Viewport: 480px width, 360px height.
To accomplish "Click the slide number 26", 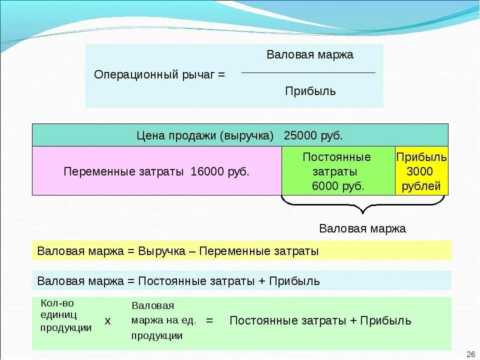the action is [x=470, y=354].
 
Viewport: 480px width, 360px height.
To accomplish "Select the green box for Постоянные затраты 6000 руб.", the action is [x=338, y=170].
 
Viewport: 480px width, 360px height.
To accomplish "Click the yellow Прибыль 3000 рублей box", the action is [x=421, y=170].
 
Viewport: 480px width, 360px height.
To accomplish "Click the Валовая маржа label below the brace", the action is [x=362, y=228].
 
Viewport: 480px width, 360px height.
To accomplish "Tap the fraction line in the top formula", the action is [x=308, y=73].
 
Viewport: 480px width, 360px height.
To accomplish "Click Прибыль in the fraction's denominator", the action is [x=310, y=91].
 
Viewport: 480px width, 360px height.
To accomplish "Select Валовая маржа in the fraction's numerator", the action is [x=310, y=55].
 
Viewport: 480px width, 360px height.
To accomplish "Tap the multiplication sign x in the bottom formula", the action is [x=107, y=321].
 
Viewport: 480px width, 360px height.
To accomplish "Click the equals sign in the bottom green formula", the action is [x=209, y=320].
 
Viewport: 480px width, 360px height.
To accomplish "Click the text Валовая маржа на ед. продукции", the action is [x=163, y=320].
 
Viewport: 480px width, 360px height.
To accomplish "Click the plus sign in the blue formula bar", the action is [x=262, y=281].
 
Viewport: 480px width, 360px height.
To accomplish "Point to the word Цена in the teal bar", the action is [x=148, y=135].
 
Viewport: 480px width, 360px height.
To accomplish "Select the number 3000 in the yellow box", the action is [x=419, y=171].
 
